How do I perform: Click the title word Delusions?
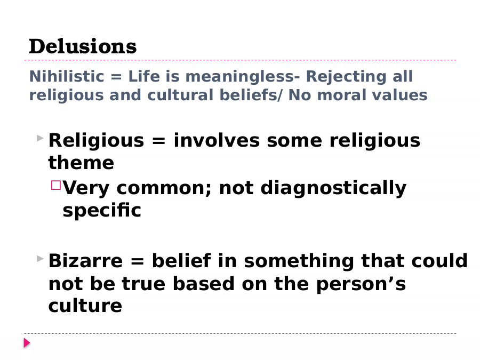(x=83, y=46)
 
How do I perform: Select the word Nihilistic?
(x=67, y=76)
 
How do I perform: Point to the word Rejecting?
(x=346, y=77)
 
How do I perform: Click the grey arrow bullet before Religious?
(x=40, y=138)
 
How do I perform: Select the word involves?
(x=217, y=140)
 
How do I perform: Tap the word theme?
(x=81, y=162)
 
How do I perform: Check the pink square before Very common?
(x=56, y=185)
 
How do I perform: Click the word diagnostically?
(x=333, y=188)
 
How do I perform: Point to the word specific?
(x=102, y=210)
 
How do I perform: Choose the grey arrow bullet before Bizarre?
(x=40, y=259)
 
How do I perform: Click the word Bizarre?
(x=85, y=261)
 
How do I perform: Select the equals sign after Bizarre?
(x=137, y=262)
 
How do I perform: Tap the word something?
(x=299, y=261)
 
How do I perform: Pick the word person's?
(x=361, y=284)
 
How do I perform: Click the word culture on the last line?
(x=85, y=306)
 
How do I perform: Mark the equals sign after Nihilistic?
(x=116, y=77)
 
